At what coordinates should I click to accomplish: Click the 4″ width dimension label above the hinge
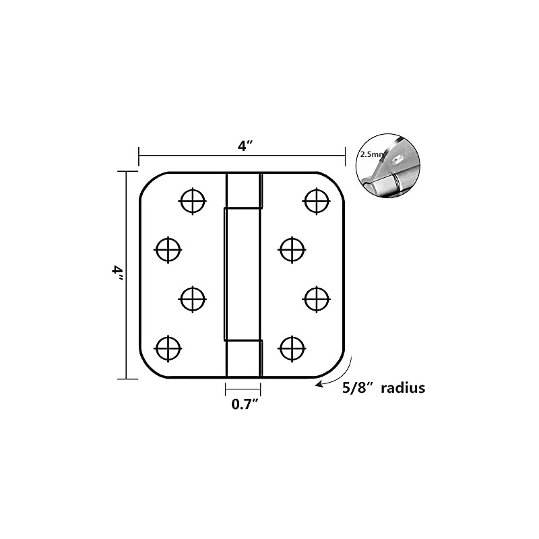(x=245, y=146)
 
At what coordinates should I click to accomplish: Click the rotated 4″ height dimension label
(x=117, y=274)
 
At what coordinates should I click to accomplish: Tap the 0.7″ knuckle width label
(x=245, y=404)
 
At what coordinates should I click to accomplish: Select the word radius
(x=403, y=388)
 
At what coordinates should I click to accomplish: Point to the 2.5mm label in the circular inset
(x=371, y=154)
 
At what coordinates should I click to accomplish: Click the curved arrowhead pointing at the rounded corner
(x=319, y=384)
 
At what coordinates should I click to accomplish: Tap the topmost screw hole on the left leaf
(x=193, y=201)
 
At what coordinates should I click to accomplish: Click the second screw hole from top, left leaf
(x=168, y=249)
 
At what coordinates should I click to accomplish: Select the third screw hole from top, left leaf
(x=193, y=299)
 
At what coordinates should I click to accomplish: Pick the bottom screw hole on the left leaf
(x=168, y=348)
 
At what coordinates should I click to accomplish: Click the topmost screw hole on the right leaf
(x=316, y=201)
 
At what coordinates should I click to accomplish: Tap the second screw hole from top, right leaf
(x=292, y=249)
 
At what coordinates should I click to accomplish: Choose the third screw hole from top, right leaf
(x=316, y=299)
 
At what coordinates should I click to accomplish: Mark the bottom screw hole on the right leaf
(x=292, y=348)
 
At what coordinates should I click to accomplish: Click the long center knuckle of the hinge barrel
(x=243, y=274)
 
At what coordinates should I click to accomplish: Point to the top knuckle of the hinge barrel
(x=244, y=190)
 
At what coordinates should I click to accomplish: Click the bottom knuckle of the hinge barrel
(x=244, y=359)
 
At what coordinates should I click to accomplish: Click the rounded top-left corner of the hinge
(x=148, y=181)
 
